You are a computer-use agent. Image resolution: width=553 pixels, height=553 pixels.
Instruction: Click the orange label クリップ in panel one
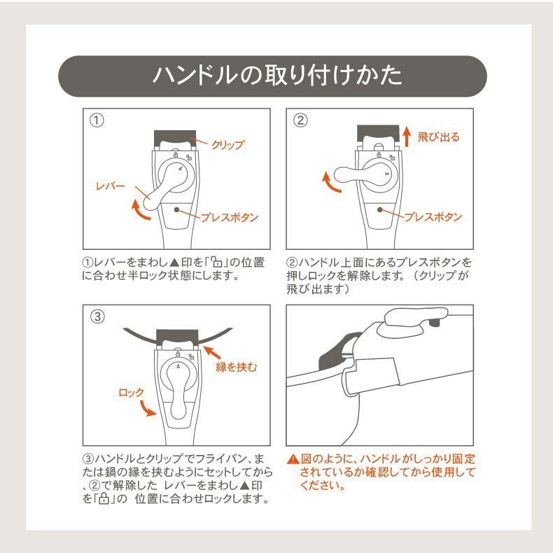tap(228, 145)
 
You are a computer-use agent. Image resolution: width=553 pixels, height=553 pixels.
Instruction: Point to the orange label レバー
tap(110, 186)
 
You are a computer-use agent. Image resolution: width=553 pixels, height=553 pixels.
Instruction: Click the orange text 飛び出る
tap(438, 137)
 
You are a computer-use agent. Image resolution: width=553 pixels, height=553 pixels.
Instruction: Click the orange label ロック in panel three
tap(131, 393)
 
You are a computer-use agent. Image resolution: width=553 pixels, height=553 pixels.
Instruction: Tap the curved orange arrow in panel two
tap(329, 184)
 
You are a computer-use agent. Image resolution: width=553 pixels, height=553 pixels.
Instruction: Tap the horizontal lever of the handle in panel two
tap(357, 175)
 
